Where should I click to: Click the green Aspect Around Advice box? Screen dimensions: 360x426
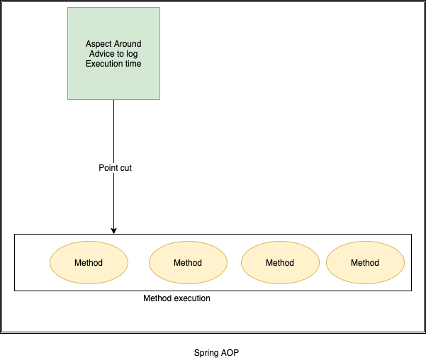[113, 78]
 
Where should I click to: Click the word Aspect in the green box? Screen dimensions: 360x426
[99, 45]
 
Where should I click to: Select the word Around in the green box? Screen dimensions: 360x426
[128, 45]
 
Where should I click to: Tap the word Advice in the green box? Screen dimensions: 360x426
[103, 55]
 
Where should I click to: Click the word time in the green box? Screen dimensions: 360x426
[133, 64]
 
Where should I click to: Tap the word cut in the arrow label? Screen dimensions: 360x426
[125, 168]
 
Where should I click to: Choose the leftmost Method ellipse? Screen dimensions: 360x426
[89, 263]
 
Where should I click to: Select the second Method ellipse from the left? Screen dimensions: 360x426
[188, 263]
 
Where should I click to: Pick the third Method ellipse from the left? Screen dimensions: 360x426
[280, 263]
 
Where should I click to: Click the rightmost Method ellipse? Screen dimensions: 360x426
[365, 263]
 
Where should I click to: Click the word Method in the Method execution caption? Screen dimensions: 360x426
[157, 298]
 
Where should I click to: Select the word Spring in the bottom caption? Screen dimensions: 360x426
[206, 352]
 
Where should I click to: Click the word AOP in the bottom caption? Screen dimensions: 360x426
[231, 352]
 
